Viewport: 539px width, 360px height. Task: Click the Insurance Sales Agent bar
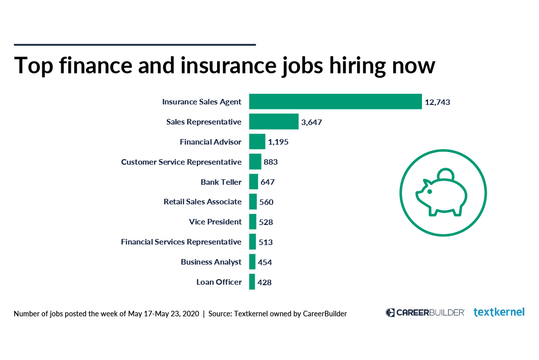(335, 101)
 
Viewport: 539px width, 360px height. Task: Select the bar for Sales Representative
(274, 122)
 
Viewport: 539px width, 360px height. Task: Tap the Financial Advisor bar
(257, 142)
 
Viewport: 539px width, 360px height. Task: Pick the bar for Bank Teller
(254, 182)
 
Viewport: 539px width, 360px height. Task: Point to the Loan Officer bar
(252, 282)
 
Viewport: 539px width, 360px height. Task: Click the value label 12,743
(437, 102)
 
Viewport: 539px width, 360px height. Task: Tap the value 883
(271, 162)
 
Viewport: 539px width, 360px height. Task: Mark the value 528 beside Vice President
(266, 222)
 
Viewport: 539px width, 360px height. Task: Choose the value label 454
(265, 262)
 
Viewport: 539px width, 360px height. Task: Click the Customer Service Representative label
(181, 162)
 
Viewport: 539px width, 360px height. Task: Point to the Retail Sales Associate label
(202, 202)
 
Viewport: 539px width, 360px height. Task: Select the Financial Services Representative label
(181, 242)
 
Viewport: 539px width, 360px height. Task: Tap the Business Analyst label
(211, 262)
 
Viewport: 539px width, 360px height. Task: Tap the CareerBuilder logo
(425, 312)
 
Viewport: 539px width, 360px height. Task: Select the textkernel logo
(499, 312)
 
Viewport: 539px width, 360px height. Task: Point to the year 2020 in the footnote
(189, 314)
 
